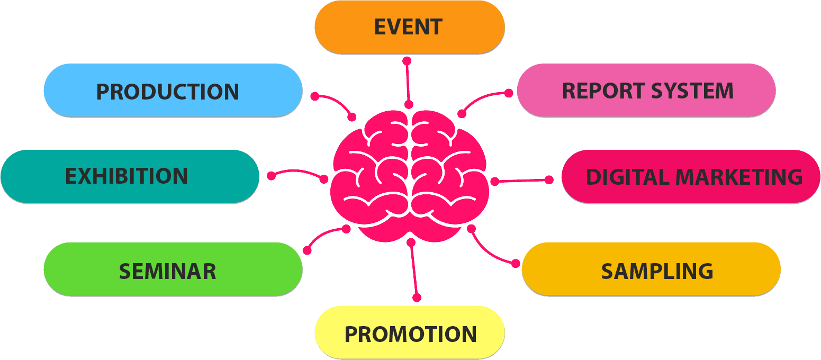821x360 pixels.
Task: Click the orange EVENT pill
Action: pyautogui.click(x=409, y=27)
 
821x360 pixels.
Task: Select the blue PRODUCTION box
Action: pyautogui.click(x=173, y=91)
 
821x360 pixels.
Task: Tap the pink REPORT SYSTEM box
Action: pyautogui.click(x=646, y=91)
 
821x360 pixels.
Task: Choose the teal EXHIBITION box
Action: pyautogui.click(x=130, y=176)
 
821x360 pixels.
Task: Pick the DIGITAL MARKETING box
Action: pyautogui.click(x=691, y=176)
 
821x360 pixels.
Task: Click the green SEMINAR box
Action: pyautogui.click(x=173, y=269)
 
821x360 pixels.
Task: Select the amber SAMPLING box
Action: pyautogui.click(x=651, y=269)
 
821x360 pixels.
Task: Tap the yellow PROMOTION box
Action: pyautogui.click(x=409, y=333)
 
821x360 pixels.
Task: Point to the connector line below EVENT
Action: pyautogui.click(x=408, y=83)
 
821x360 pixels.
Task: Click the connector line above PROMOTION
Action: pyautogui.click(x=414, y=270)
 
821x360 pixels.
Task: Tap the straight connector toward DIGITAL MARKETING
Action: pyautogui.click(x=522, y=181)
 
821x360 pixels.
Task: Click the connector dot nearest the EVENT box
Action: pyautogui.click(x=407, y=61)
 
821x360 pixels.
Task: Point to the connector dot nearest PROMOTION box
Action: pyautogui.click(x=417, y=298)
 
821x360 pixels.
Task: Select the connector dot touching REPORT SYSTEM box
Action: pyautogui.click(x=509, y=93)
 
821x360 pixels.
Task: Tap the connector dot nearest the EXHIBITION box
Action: pyautogui.click(x=271, y=176)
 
